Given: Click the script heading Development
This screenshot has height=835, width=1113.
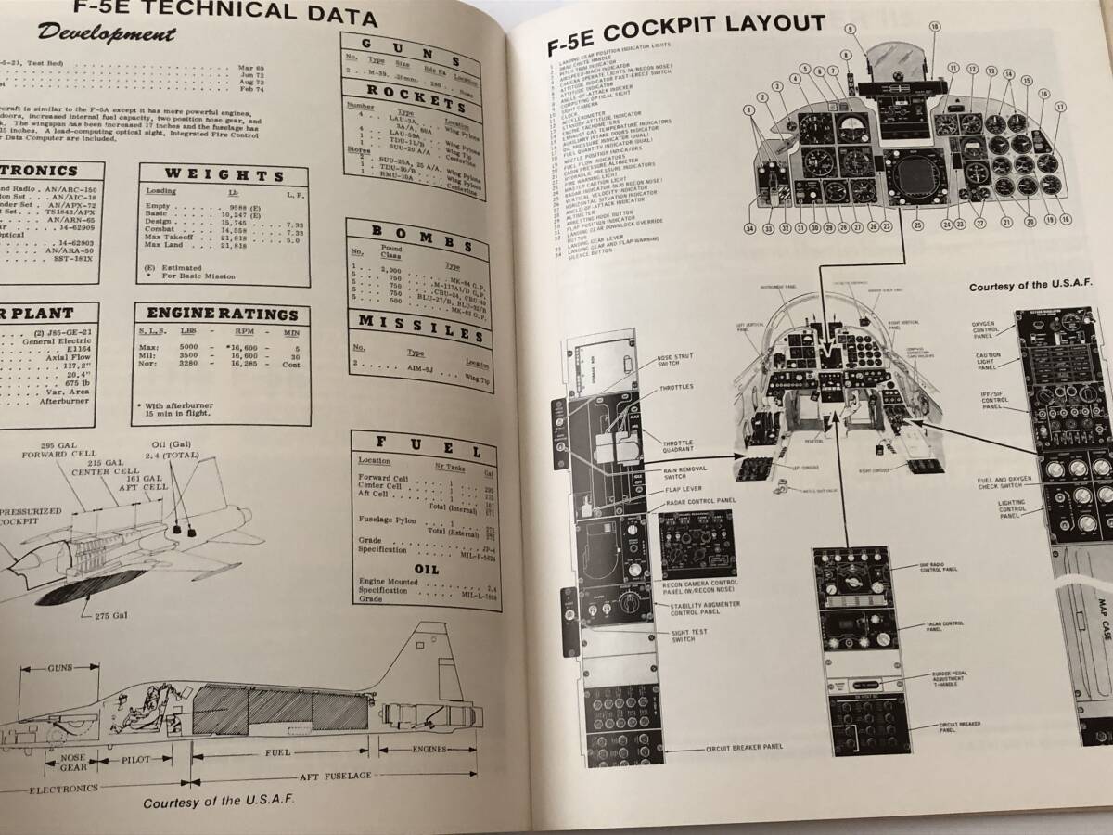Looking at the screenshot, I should coord(107,36).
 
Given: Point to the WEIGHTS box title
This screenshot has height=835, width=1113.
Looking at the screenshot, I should coord(224,175).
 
